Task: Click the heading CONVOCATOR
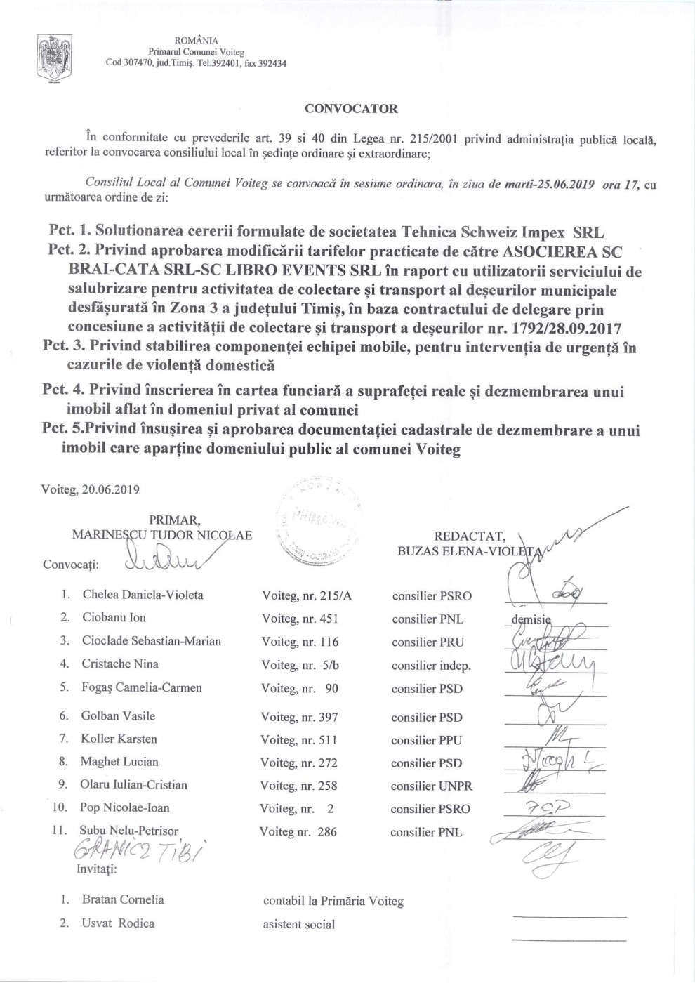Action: (x=350, y=109)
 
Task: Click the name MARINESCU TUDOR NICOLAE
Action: (x=162, y=534)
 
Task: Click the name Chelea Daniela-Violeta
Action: (x=143, y=595)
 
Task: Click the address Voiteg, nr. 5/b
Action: (x=298, y=664)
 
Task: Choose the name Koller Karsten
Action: (x=119, y=739)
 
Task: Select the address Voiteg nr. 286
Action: (x=298, y=832)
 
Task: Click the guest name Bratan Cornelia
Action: (x=123, y=899)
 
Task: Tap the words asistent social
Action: (x=298, y=924)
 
